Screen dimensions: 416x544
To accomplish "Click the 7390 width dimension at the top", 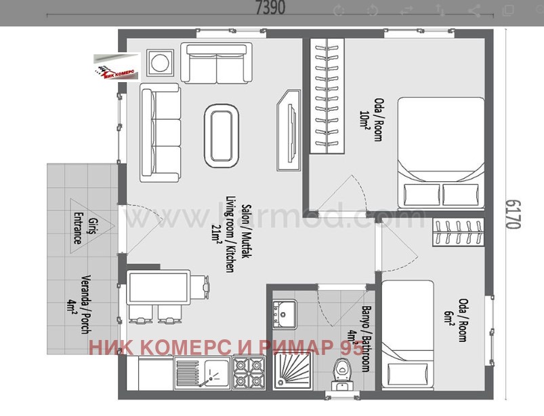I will pyautogui.click(x=270, y=8).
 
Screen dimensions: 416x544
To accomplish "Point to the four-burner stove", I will pyautogui.click(x=248, y=374).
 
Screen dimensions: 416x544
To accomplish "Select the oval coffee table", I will pyautogui.click(x=222, y=136).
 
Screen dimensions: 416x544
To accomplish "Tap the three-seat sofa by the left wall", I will pyautogui.click(x=160, y=132).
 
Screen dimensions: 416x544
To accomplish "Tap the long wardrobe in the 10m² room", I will pyautogui.click(x=327, y=96).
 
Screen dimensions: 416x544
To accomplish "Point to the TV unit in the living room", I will pyautogui.click(x=289, y=118).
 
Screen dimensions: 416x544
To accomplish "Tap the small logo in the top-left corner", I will pyautogui.click(x=117, y=68).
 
